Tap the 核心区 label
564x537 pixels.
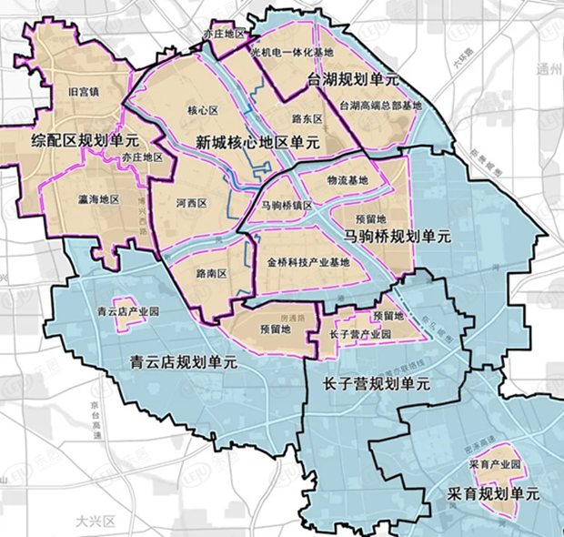205,111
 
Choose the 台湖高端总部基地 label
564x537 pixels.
380,106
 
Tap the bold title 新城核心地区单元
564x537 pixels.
257,142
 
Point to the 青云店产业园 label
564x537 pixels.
127,311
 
